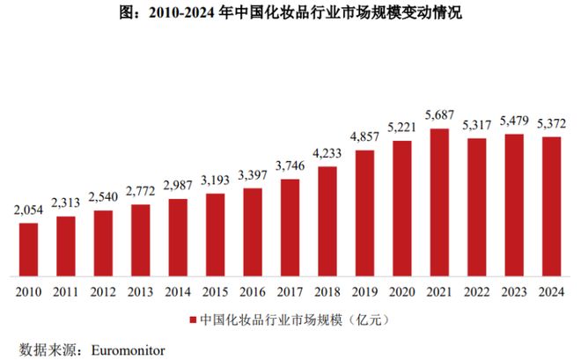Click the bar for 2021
[438, 202]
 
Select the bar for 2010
[29, 248]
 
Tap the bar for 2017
[290, 227]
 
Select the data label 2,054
[29, 209]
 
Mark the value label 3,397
[253, 175]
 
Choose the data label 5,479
[514, 121]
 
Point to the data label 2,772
[141, 191]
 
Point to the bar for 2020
[401, 208]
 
